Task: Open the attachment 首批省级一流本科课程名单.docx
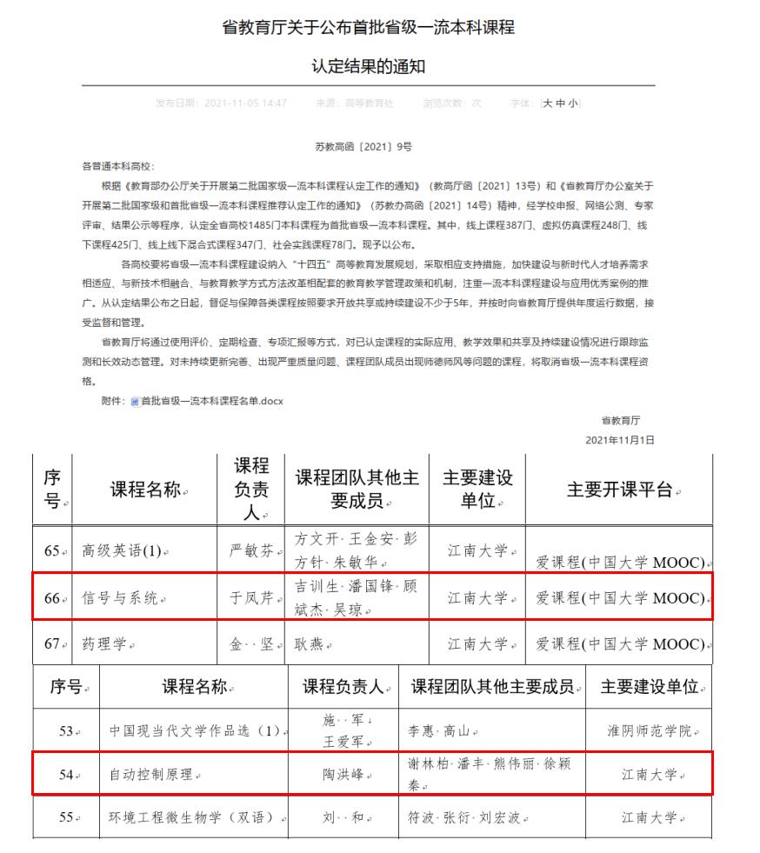(212, 401)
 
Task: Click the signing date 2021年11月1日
(619, 441)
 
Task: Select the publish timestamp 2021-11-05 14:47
(245, 103)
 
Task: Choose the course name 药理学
(103, 644)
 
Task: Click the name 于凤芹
(250, 598)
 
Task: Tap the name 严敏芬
(250, 550)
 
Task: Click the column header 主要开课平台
(618, 490)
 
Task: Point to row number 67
(51, 644)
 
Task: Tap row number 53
(65, 731)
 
